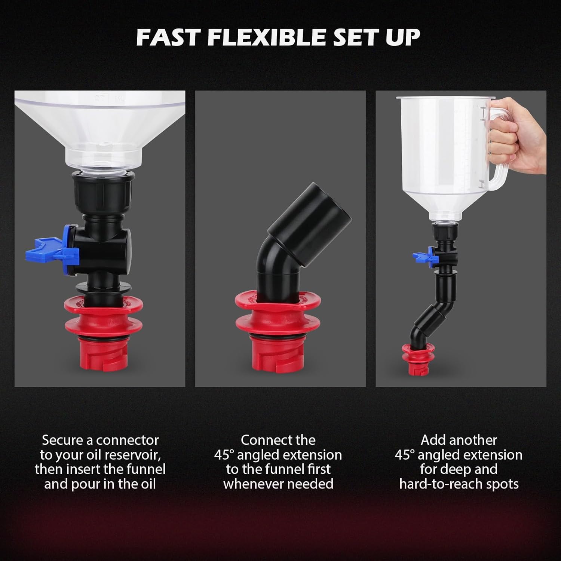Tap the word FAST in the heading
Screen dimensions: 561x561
[168, 37]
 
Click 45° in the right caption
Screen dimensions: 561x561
[405, 455]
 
